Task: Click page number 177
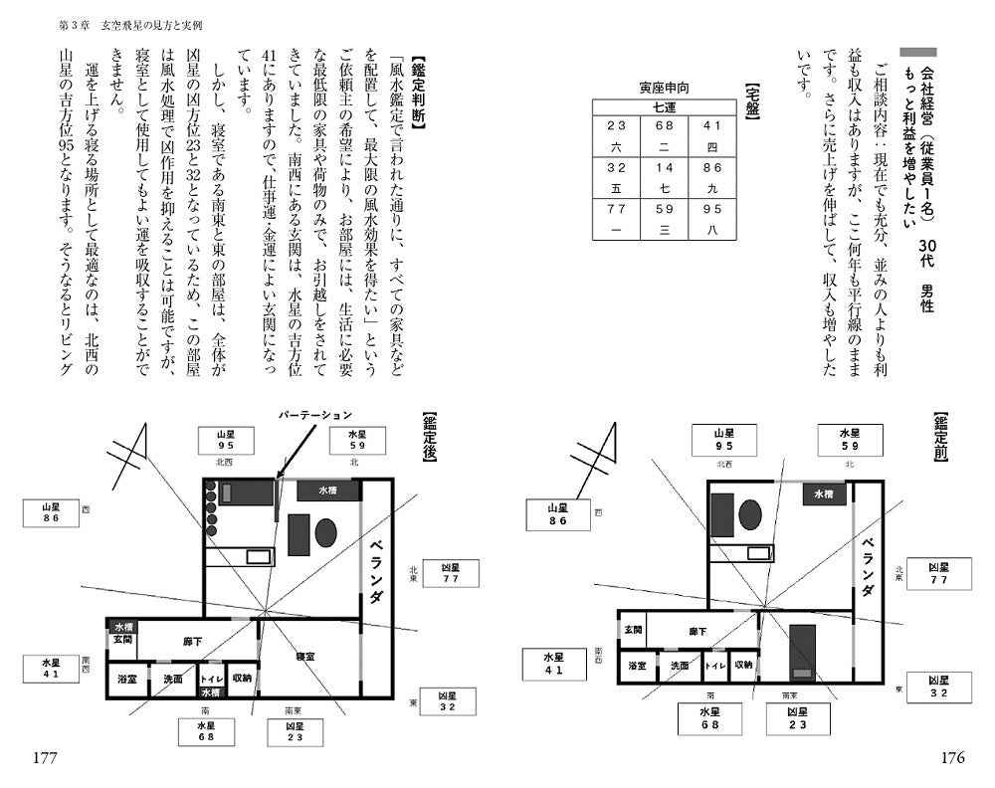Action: (x=46, y=758)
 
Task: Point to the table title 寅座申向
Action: (x=664, y=87)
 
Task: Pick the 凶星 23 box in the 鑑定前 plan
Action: (x=795, y=718)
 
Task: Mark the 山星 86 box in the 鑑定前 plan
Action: (x=557, y=514)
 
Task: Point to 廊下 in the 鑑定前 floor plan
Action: (x=697, y=631)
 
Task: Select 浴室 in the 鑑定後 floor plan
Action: (x=127, y=679)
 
